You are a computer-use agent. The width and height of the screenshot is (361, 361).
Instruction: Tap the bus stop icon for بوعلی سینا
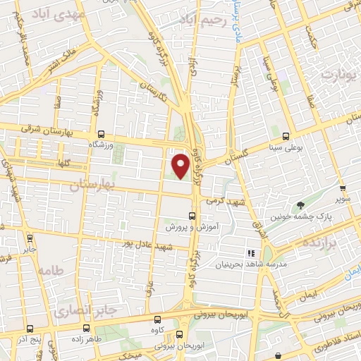coord(285,136)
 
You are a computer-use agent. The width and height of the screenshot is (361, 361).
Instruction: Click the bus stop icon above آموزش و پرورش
coord(191,216)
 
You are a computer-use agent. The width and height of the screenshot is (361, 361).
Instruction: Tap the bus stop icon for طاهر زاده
coord(86,328)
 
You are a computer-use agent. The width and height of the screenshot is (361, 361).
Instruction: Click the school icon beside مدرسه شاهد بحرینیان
coord(249,252)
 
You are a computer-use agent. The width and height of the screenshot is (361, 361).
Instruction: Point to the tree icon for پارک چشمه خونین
coord(301,206)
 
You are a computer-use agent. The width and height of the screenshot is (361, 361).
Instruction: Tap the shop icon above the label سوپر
coord(343,189)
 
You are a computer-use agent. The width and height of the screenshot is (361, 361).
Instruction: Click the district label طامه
coord(51,271)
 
